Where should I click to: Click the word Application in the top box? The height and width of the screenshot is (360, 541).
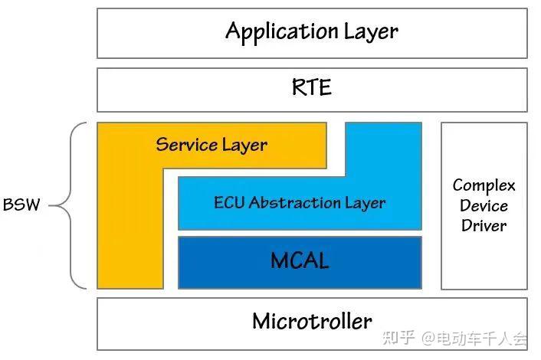(281, 31)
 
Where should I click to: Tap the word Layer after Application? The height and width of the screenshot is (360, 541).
(371, 32)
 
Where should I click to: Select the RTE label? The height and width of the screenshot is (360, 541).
(312, 87)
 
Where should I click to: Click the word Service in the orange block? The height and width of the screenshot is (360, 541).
(186, 144)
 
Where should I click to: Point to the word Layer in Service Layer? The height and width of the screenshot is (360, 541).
(244, 146)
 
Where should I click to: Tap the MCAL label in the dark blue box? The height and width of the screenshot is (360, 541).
(300, 260)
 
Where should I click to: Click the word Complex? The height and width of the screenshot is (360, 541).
(484, 186)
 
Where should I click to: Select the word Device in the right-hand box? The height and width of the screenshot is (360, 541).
(484, 206)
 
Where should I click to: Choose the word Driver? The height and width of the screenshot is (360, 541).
(484, 226)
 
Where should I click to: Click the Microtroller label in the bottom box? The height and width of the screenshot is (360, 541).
(312, 322)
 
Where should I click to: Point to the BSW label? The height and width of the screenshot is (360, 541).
(21, 205)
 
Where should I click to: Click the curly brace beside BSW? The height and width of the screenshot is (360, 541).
(70, 205)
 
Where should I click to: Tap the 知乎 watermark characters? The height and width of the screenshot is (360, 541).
(398, 338)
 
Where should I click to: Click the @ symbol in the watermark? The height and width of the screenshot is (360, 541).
(428, 339)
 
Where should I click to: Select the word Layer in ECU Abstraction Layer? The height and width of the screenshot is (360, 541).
(365, 203)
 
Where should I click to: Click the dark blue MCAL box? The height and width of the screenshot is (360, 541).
(300, 263)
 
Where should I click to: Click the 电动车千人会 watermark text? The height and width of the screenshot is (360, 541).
(482, 339)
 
